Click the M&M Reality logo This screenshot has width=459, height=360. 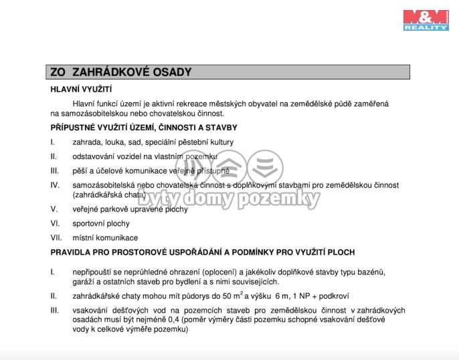click(x=425, y=19)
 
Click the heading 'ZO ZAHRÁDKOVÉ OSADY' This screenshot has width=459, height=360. click(x=121, y=72)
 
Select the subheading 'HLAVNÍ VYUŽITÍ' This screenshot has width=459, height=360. click(x=81, y=89)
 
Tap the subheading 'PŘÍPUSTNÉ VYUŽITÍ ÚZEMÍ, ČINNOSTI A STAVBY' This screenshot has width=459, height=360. click(x=144, y=127)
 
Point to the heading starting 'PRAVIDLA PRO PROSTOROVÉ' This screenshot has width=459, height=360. click(x=202, y=252)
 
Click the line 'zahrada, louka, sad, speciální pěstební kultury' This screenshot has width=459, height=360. click(x=153, y=142)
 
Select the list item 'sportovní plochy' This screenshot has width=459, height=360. click(x=101, y=223)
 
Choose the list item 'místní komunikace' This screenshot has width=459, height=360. click(x=105, y=238)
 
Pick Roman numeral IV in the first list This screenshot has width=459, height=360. click(x=56, y=184)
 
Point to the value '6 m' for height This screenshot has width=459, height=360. click(x=282, y=296)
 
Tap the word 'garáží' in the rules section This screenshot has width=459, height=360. click(x=84, y=282)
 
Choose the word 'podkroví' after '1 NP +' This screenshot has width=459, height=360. click(x=332, y=296)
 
